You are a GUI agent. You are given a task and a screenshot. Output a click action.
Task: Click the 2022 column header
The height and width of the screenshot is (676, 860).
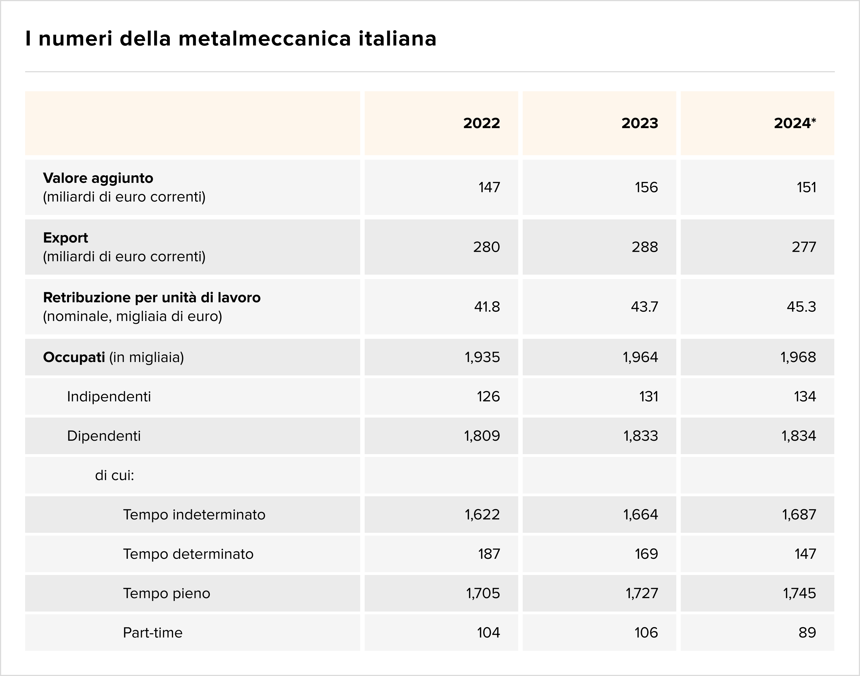pyautogui.click(x=481, y=123)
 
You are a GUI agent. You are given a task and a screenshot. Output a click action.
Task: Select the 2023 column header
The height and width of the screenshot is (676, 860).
pyautogui.click(x=639, y=123)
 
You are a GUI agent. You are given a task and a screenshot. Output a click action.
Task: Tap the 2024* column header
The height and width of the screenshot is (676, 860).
pyautogui.click(x=795, y=123)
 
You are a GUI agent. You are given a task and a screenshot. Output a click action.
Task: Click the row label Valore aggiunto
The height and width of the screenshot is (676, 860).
pyautogui.click(x=98, y=178)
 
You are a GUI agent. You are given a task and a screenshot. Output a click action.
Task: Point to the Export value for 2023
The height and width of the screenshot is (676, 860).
pyautogui.click(x=645, y=247)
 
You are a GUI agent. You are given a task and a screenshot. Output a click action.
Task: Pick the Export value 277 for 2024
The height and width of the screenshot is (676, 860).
pyautogui.click(x=804, y=247)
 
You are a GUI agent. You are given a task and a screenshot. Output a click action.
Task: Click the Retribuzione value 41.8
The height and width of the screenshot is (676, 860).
pyautogui.click(x=487, y=307)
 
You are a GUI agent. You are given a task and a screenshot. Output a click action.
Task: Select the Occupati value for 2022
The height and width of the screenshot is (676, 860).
pyautogui.click(x=482, y=357)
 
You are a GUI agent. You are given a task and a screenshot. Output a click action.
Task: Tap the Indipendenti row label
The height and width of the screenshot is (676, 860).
pyautogui.click(x=109, y=397)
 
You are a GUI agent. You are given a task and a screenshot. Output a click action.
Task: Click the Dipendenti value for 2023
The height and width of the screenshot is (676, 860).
pyautogui.click(x=641, y=436)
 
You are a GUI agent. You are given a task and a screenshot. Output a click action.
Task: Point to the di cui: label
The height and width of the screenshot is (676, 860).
pyautogui.click(x=114, y=475)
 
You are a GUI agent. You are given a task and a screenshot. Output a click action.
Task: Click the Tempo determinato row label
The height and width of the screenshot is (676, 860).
pyautogui.click(x=188, y=554)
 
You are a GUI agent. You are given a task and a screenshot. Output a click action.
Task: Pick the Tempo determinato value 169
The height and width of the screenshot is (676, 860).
pyautogui.click(x=646, y=554)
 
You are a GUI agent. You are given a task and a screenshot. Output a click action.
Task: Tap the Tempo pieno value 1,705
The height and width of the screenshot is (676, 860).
pyautogui.click(x=483, y=593)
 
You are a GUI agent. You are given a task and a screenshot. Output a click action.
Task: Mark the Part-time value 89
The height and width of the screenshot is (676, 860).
pyautogui.click(x=807, y=632)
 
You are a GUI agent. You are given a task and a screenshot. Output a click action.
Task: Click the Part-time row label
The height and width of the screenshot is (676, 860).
pyautogui.click(x=152, y=632)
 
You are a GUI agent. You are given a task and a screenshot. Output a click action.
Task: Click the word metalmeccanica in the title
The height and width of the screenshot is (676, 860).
pyautogui.click(x=264, y=39)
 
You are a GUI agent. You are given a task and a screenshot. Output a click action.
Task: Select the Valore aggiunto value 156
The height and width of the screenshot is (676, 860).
pyautogui.click(x=646, y=187)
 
